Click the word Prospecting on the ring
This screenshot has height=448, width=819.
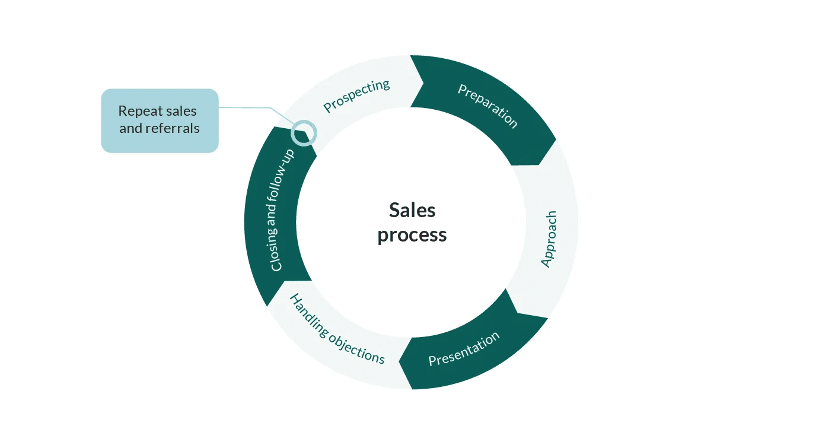point(356,96)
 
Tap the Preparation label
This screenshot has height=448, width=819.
point(487,106)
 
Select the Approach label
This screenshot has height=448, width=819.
point(550,239)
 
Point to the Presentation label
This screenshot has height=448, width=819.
point(464,349)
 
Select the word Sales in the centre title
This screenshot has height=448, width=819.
point(412,210)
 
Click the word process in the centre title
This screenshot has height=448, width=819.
point(412,235)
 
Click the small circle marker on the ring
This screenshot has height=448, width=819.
point(304,132)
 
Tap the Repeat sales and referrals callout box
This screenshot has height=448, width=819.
point(160,120)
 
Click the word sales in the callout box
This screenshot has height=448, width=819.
point(181,111)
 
